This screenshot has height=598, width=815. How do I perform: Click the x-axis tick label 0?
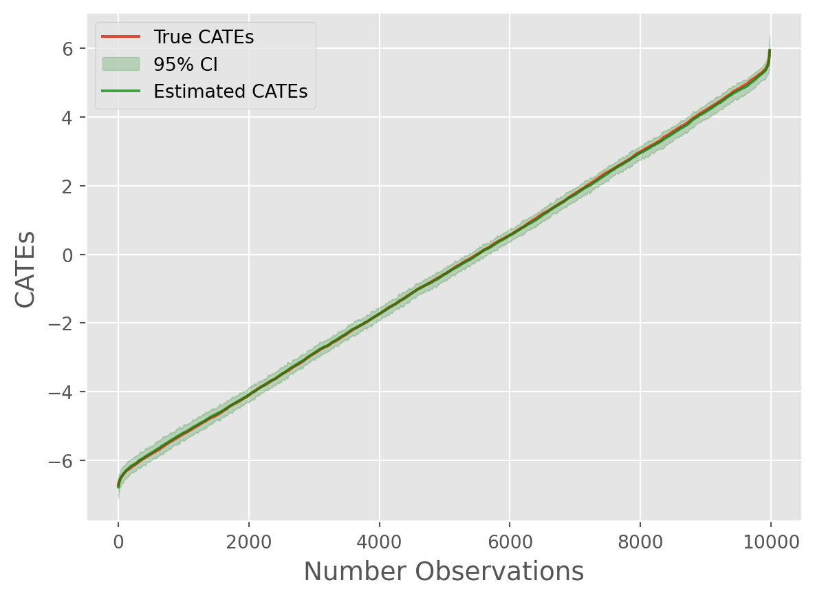pyautogui.click(x=118, y=541)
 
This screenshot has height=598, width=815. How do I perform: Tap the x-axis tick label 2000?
pyautogui.click(x=248, y=541)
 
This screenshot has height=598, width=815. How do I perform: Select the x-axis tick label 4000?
pyautogui.click(x=379, y=541)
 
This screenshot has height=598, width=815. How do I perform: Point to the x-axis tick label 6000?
pyautogui.click(x=510, y=541)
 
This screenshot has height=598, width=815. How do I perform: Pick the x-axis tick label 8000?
pyautogui.click(x=640, y=541)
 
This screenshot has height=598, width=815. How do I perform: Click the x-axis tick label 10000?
pyautogui.click(x=770, y=541)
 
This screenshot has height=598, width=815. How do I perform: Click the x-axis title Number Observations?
pyautogui.click(x=444, y=573)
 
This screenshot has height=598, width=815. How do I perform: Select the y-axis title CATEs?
pyautogui.click(x=25, y=270)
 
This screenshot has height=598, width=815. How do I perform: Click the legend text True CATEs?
pyautogui.click(x=204, y=37)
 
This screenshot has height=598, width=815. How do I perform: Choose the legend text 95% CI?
pyautogui.click(x=186, y=64)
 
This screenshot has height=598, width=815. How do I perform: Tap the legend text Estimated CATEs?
pyautogui.click(x=230, y=91)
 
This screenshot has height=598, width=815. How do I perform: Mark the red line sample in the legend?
pyautogui.click(x=121, y=37)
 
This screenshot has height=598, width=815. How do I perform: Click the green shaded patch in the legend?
pyautogui.click(x=121, y=64)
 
